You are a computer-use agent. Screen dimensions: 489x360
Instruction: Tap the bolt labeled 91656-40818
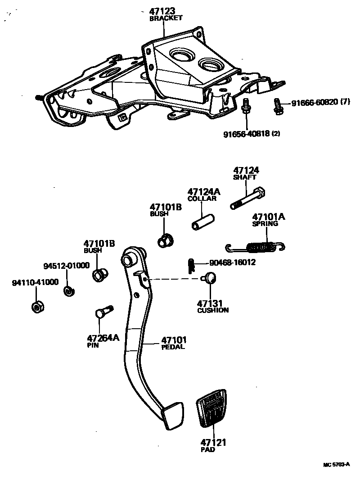point(246,107)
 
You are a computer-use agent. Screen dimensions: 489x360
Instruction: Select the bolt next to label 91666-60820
point(277,106)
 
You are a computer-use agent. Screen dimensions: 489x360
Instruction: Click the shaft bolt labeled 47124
point(248,199)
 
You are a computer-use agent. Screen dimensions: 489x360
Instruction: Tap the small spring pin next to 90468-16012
point(190,265)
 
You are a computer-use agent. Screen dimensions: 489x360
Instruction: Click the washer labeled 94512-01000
point(68,291)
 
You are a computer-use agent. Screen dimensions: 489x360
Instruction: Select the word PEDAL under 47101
point(173,347)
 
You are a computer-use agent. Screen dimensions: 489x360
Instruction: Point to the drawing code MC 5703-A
point(336,464)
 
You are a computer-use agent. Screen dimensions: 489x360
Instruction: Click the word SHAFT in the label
point(244,177)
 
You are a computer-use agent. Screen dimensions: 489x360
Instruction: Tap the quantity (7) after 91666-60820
point(345,103)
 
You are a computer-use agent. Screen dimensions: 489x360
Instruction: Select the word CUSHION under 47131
point(213,310)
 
